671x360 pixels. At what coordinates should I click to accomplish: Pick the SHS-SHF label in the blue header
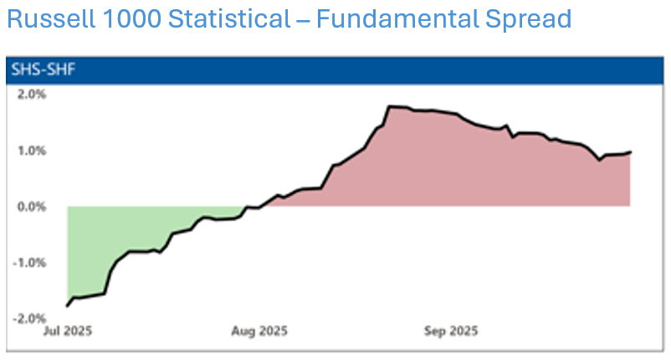(x=34, y=69)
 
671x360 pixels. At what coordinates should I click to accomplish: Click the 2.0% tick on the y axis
(x=31, y=94)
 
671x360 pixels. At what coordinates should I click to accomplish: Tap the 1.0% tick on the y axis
(x=31, y=151)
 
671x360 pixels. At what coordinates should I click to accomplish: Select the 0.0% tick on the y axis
(x=31, y=207)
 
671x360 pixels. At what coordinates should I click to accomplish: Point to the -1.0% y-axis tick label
(x=29, y=263)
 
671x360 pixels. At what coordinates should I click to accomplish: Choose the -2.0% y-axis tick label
(x=29, y=319)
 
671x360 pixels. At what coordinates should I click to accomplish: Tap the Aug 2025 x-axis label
(x=259, y=331)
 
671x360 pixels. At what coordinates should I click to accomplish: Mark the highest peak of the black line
(x=391, y=106)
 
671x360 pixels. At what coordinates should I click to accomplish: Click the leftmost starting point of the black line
(x=67, y=306)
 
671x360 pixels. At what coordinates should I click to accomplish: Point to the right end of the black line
(x=630, y=152)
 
